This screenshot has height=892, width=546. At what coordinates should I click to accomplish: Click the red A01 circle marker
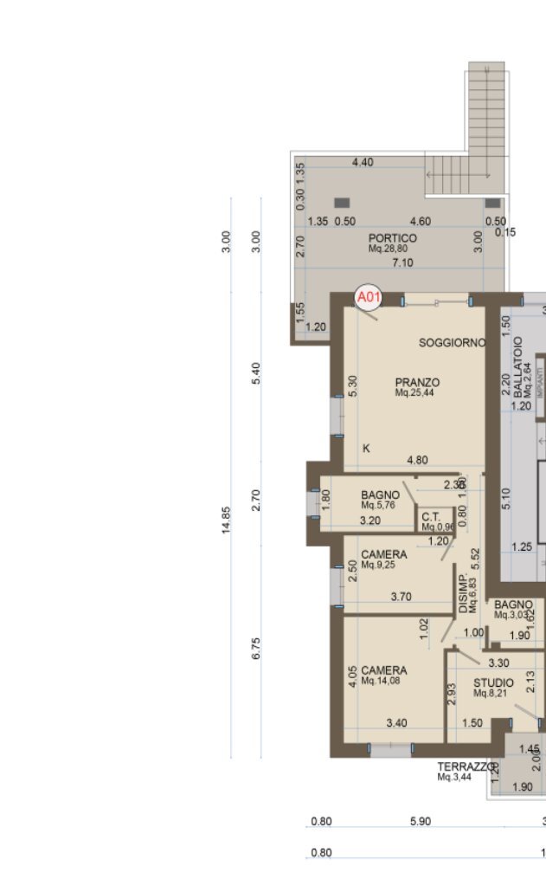tap(369, 298)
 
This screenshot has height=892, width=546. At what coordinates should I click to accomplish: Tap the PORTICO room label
tap(392, 238)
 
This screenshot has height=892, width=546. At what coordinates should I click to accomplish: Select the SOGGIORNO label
tap(453, 343)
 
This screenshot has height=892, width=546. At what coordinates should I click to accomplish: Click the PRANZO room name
tap(417, 382)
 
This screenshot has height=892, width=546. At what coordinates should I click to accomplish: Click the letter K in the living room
tap(367, 448)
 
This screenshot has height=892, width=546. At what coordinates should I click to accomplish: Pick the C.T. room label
tap(431, 517)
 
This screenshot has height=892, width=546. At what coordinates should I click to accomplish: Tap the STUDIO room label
tap(493, 683)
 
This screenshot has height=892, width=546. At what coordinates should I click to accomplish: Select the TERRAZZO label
tap(466, 766)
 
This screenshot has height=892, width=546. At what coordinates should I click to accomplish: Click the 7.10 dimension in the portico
tap(403, 262)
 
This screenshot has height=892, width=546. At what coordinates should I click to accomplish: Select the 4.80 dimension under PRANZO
tap(417, 461)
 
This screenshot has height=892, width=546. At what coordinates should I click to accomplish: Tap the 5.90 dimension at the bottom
tap(419, 821)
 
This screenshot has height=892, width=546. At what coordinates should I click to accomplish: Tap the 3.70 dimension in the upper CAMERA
tap(401, 597)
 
